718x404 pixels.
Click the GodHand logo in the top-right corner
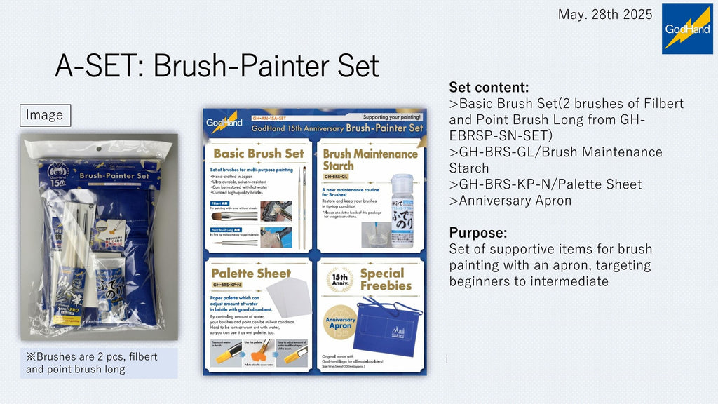687,29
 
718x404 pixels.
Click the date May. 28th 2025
605,14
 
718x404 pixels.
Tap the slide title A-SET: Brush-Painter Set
217,67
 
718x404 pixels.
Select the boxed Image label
45,115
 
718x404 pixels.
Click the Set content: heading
488,88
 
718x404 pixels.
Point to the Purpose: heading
477,233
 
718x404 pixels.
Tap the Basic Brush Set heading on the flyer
258,153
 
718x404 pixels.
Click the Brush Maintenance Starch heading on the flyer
370,159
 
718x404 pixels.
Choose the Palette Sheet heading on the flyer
250,272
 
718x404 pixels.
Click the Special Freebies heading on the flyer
386,279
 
